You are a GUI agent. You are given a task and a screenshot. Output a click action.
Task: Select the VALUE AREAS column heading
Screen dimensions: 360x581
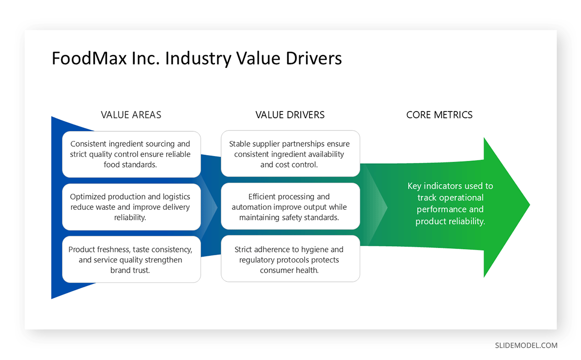pos(131,115)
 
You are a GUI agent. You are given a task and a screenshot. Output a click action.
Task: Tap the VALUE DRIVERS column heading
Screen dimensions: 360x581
pos(290,115)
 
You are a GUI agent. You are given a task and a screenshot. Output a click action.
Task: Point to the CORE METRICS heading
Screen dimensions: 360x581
pos(439,115)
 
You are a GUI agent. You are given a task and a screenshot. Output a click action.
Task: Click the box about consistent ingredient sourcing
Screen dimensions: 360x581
pos(131,154)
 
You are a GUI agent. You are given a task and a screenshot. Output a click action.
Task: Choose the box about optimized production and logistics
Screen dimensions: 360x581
pos(131,207)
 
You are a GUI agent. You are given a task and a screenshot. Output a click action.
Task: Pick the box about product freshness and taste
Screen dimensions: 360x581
pos(131,260)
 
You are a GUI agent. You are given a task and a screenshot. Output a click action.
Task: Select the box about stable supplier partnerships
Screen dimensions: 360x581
pos(290,154)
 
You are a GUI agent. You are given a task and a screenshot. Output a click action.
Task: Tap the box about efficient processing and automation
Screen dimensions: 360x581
pos(290,206)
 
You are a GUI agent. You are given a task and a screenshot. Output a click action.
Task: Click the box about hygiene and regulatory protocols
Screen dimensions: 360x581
pos(290,259)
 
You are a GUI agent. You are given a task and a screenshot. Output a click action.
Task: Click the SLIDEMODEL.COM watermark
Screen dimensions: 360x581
pos(526,345)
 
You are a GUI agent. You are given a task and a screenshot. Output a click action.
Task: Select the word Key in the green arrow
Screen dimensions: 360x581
pos(415,186)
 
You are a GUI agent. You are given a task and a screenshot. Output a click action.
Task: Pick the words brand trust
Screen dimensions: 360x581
pos(130,270)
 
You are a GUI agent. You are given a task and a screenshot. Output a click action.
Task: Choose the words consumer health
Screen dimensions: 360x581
pos(289,270)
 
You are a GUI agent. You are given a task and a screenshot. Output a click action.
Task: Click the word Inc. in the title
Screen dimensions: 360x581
pos(145,59)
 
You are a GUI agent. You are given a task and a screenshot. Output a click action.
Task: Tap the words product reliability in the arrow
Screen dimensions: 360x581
pos(450,221)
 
